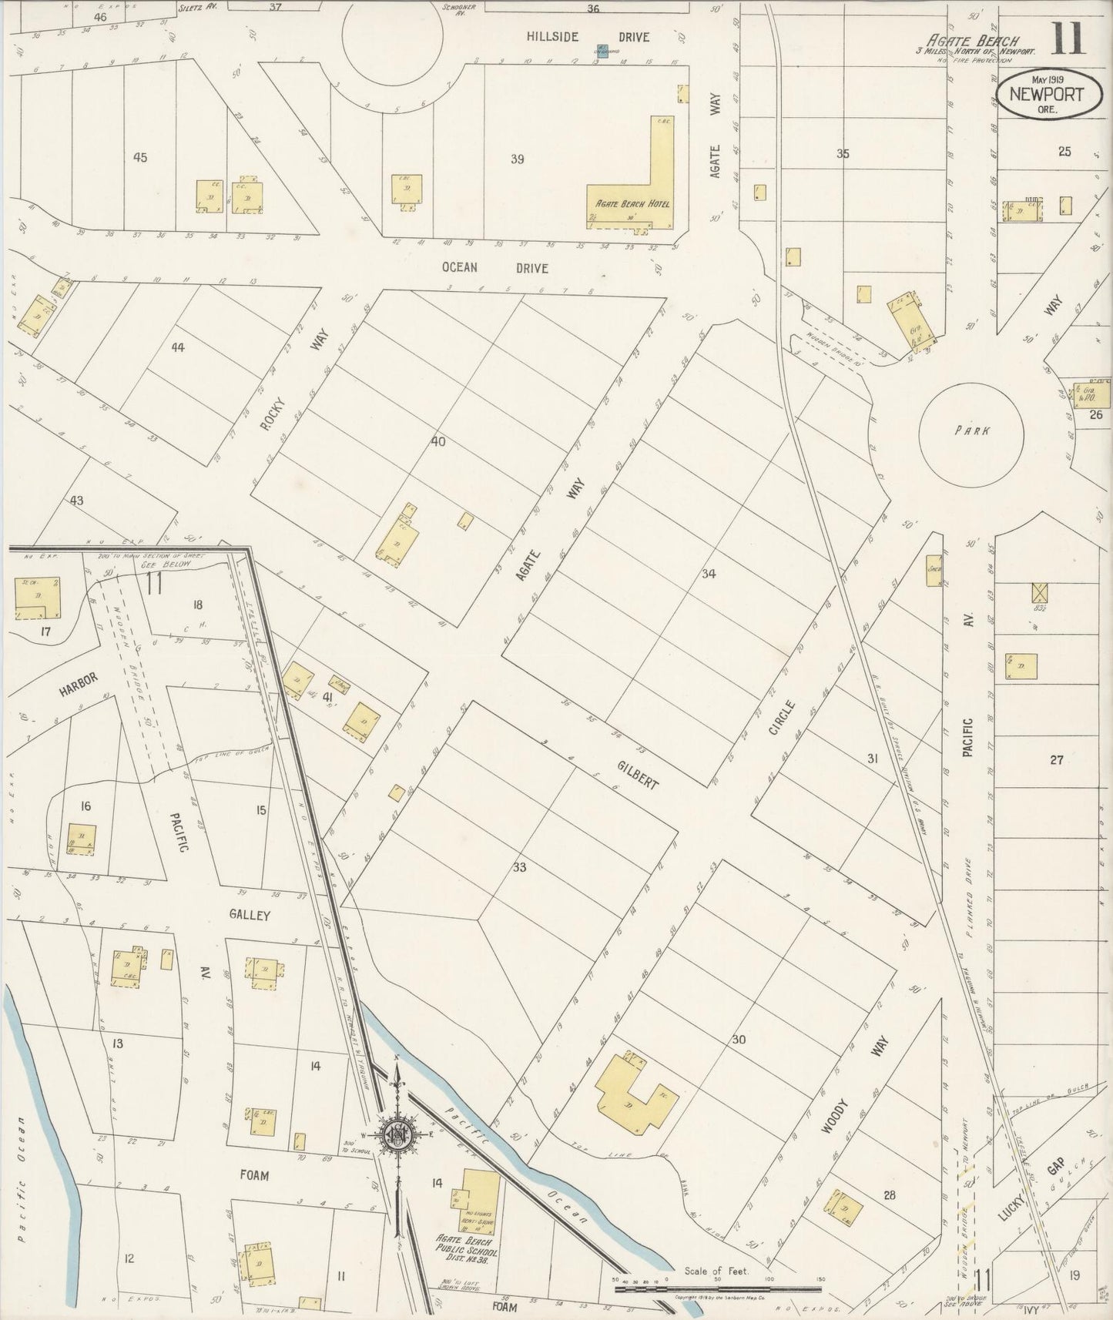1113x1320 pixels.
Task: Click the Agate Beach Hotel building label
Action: pos(631,204)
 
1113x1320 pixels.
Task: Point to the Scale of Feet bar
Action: pos(717,1288)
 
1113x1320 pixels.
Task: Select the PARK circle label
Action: pos(972,431)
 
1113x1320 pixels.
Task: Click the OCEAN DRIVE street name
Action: pos(495,268)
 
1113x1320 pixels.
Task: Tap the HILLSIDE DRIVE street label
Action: pos(588,37)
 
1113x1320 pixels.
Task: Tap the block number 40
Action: pos(438,442)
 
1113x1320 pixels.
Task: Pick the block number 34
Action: pos(709,573)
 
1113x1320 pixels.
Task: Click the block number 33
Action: pos(519,867)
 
